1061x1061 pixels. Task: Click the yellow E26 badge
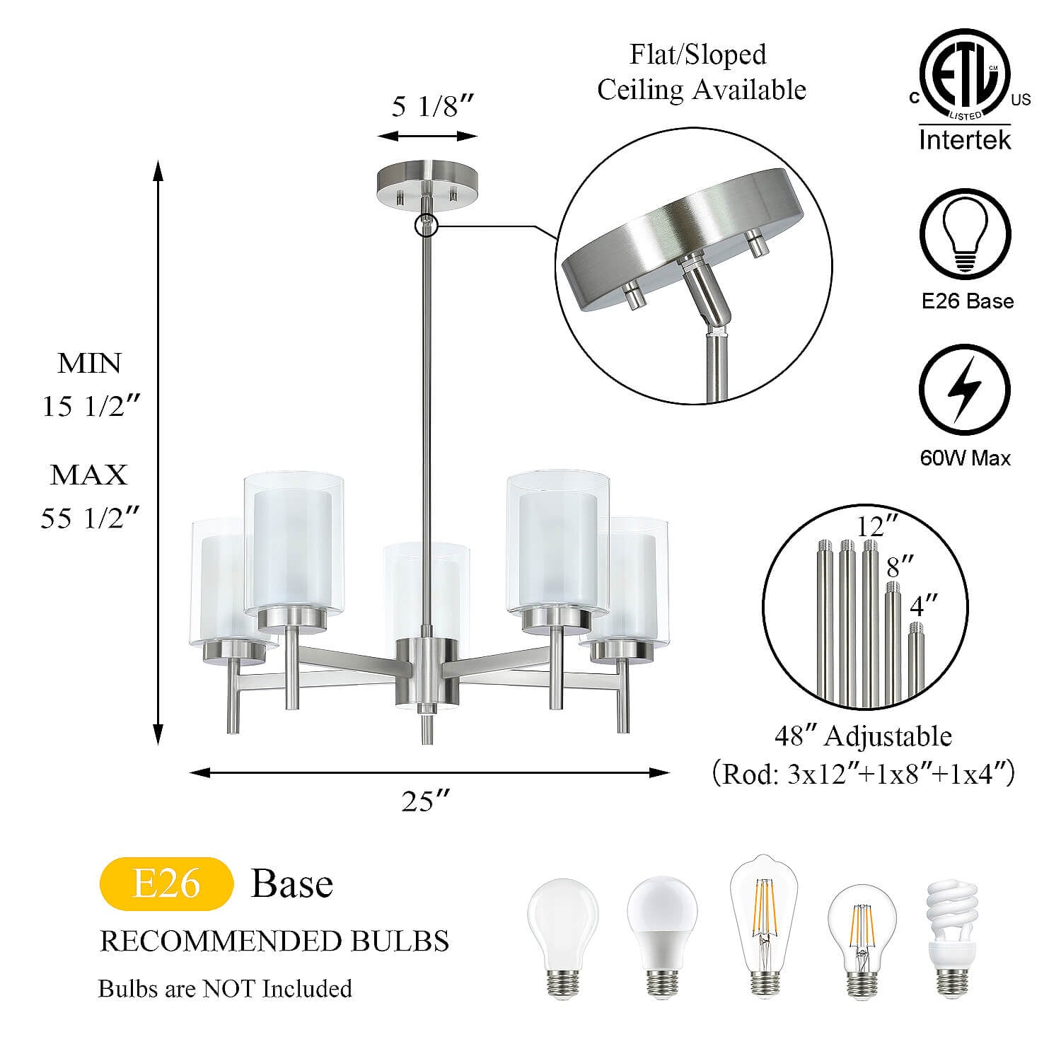point(167,883)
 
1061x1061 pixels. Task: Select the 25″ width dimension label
point(426,801)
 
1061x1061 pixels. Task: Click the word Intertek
point(966,139)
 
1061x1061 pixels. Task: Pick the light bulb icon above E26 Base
point(966,235)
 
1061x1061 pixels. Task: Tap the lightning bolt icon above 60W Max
point(966,390)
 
